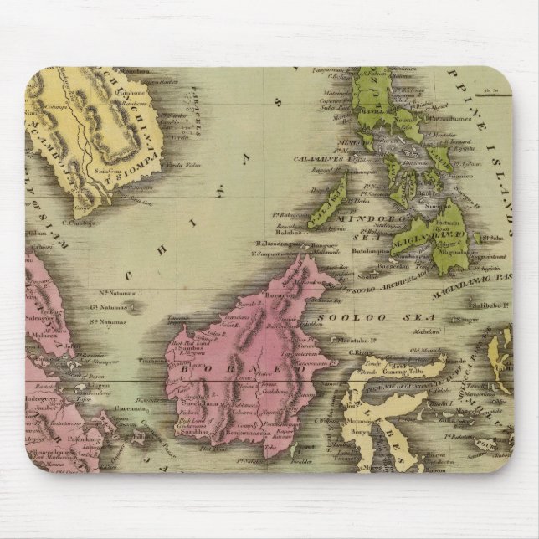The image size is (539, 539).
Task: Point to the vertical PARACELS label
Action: click(200, 118)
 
